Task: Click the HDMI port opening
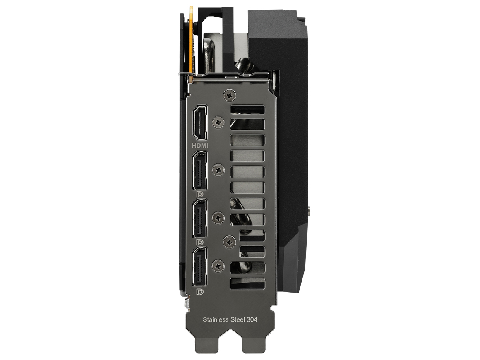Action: click(199, 122)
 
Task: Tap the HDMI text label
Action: click(200, 145)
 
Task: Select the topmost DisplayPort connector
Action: click(199, 171)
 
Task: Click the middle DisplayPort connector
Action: click(199, 218)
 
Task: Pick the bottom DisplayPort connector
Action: click(199, 266)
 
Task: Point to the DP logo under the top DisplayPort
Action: click(200, 195)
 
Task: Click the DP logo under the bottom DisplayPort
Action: click(200, 291)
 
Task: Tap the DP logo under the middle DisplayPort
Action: click(200, 242)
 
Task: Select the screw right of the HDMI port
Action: click(218, 122)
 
